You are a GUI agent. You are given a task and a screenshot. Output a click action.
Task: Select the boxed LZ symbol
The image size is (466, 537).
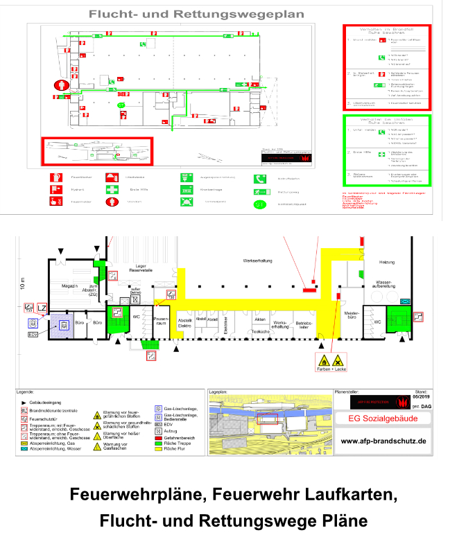(x=42, y=308)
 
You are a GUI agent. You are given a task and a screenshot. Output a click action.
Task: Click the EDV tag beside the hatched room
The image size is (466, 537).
(x=32, y=335)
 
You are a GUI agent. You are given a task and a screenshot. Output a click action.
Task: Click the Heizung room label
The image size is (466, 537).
(x=387, y=262)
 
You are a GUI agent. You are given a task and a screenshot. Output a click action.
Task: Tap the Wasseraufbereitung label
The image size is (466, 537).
(x=383, y=285)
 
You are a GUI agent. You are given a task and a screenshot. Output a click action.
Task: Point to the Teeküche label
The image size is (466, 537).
(x=261, y=332)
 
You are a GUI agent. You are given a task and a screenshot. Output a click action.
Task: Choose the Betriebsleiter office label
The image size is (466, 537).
(x=304, y=324)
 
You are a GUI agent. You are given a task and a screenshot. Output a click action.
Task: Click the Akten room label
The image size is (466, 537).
(x=260, y=319)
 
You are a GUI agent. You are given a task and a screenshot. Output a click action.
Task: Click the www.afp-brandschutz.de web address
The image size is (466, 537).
(x=383, y=441)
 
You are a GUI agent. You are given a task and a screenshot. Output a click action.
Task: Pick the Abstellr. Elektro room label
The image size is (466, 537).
(x=185, y=323)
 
